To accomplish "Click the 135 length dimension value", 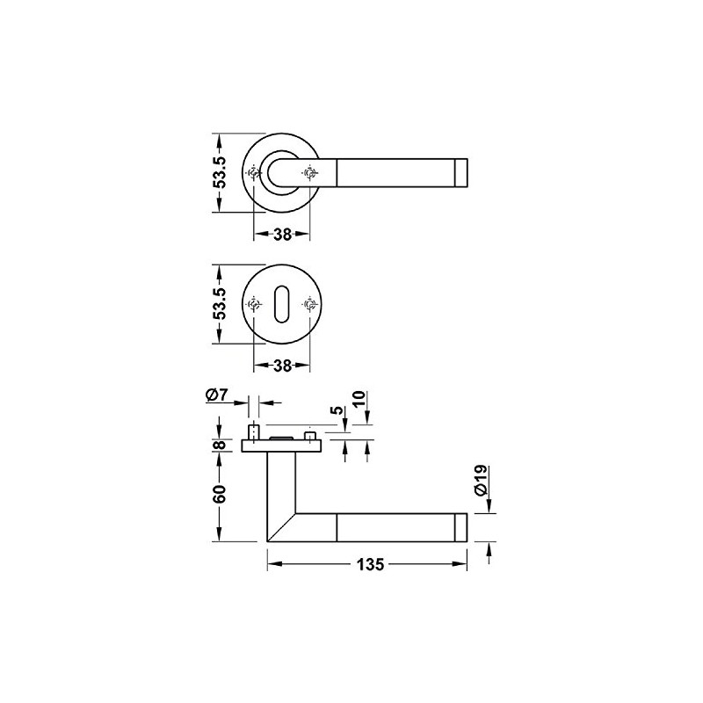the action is tap(371, 564).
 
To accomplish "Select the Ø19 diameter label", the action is tap(480, 481).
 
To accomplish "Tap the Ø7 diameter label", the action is tap(217, 395).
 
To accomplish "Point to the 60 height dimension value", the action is tap(219, 493).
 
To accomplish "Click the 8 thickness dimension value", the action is tap(219, 445).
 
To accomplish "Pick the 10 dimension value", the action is tap(359, 399).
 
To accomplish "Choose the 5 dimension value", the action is tap(338, 409).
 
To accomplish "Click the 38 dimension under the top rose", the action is tap(282, 234).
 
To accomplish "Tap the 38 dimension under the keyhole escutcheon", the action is tap(282, 366).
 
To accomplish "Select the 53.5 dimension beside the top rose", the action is tap(220, 172).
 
